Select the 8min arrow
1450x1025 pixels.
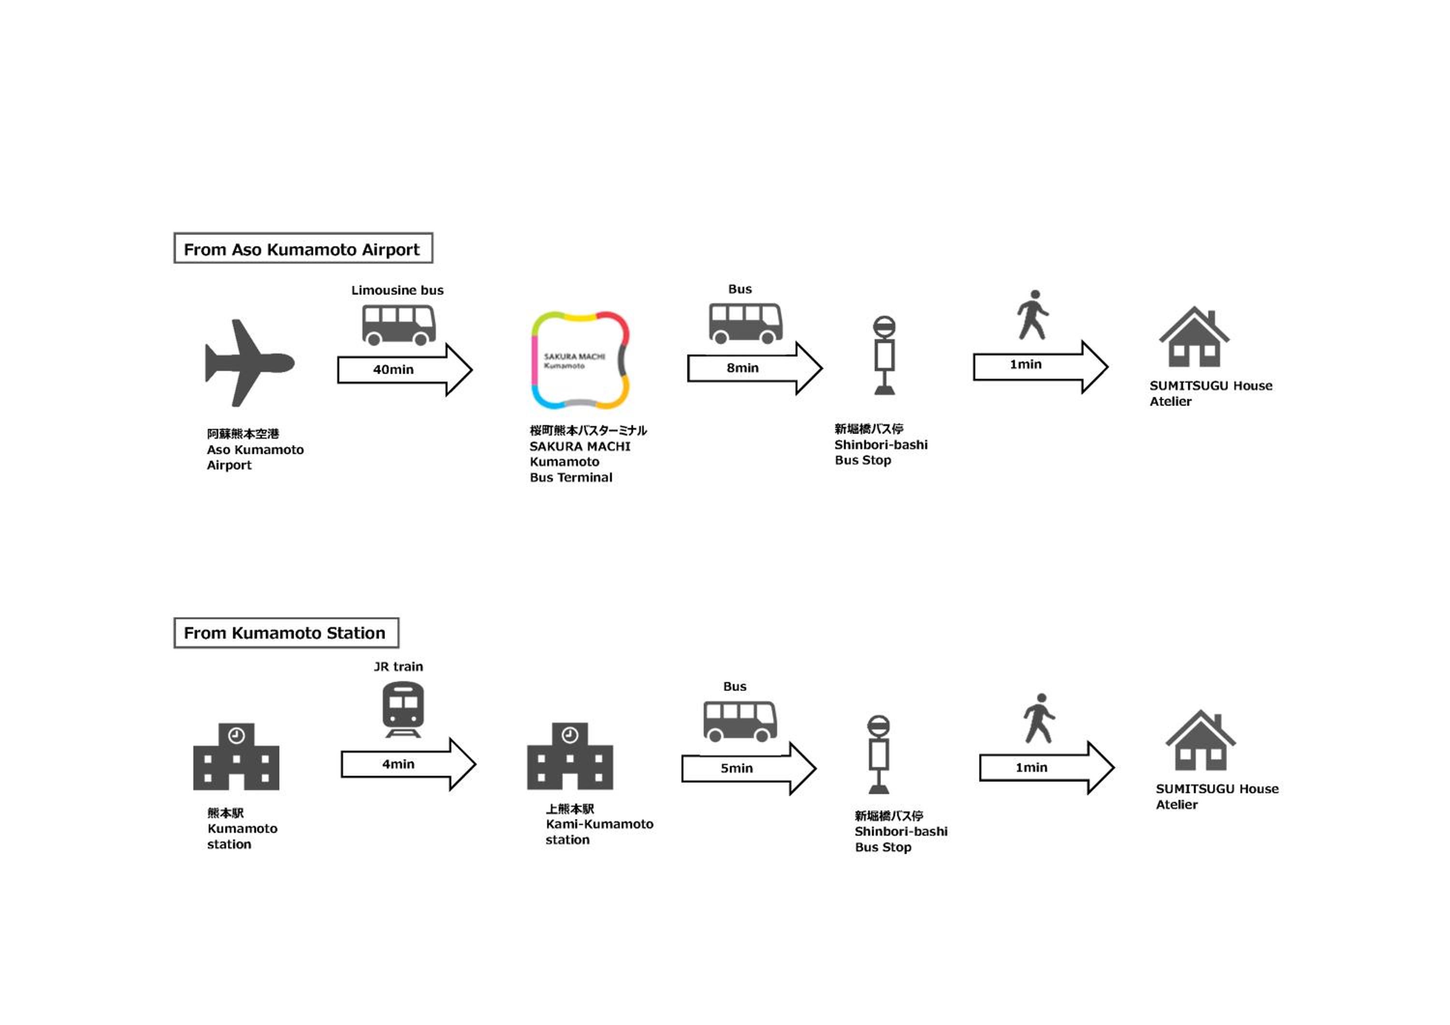pos(754,369)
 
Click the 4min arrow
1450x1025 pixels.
pos(408,764)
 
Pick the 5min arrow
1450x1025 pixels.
pos(749,768)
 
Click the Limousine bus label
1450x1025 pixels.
pos(397,290)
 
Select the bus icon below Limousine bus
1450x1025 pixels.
pos(398,325)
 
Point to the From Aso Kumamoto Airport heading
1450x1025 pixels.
pos(303,248)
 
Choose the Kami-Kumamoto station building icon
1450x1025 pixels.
pos(570,756)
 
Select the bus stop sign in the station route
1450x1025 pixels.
pos(879,754)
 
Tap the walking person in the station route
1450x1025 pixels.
pos(1039,718)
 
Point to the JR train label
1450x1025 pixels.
pos(398,667)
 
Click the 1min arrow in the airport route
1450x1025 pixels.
pos(1041,367)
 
